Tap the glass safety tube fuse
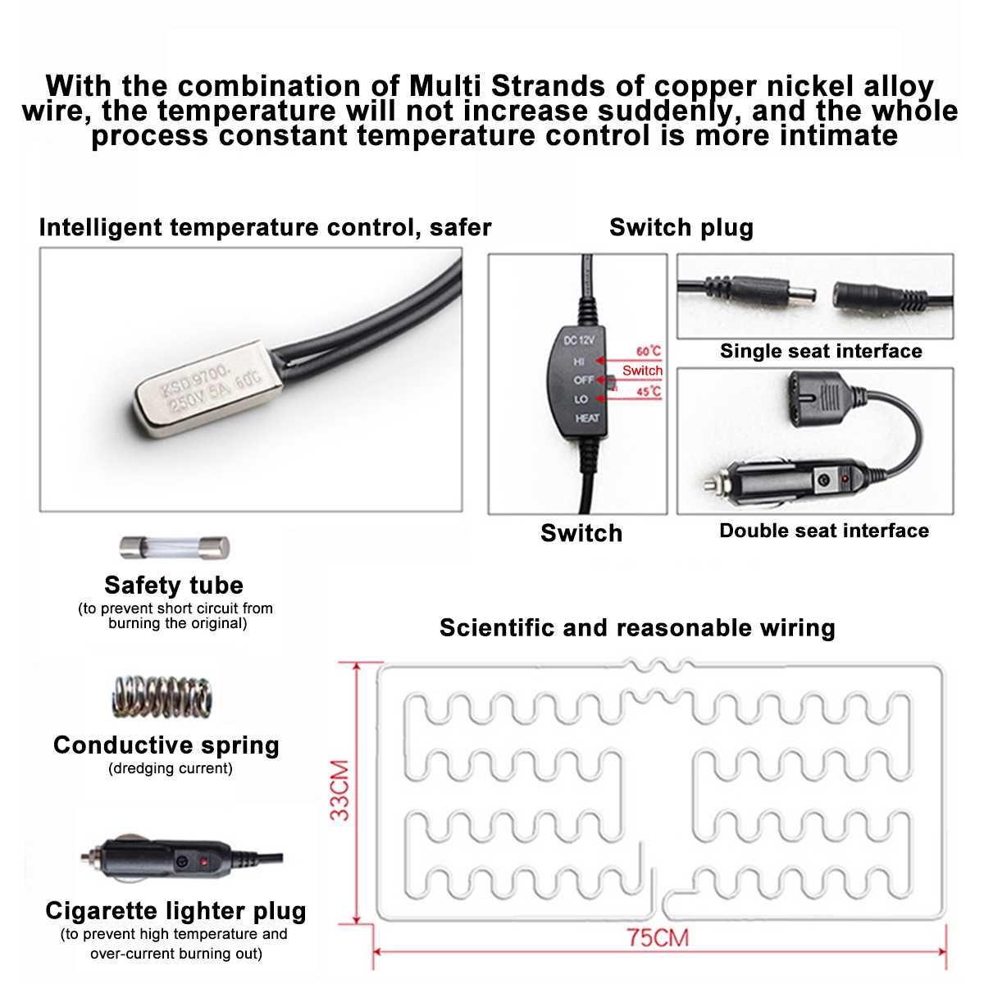coord(174,547)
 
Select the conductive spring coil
coord(162,697)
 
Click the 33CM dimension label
coord(339,790)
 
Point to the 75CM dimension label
coord(658,937)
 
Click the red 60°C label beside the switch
coord(648,351)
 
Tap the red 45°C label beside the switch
coord(648,392)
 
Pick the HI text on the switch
coord(580,362)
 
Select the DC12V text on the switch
coord(579,339)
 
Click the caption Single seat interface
coord(821,351)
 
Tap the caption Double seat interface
coord(824,531)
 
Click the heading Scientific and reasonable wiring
coord(637,627)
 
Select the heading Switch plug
coord(681,227)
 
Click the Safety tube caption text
coord(174,585)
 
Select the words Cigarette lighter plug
coord(175,910)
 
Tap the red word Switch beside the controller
coord(642,371)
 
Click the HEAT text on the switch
coord(587,418)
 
